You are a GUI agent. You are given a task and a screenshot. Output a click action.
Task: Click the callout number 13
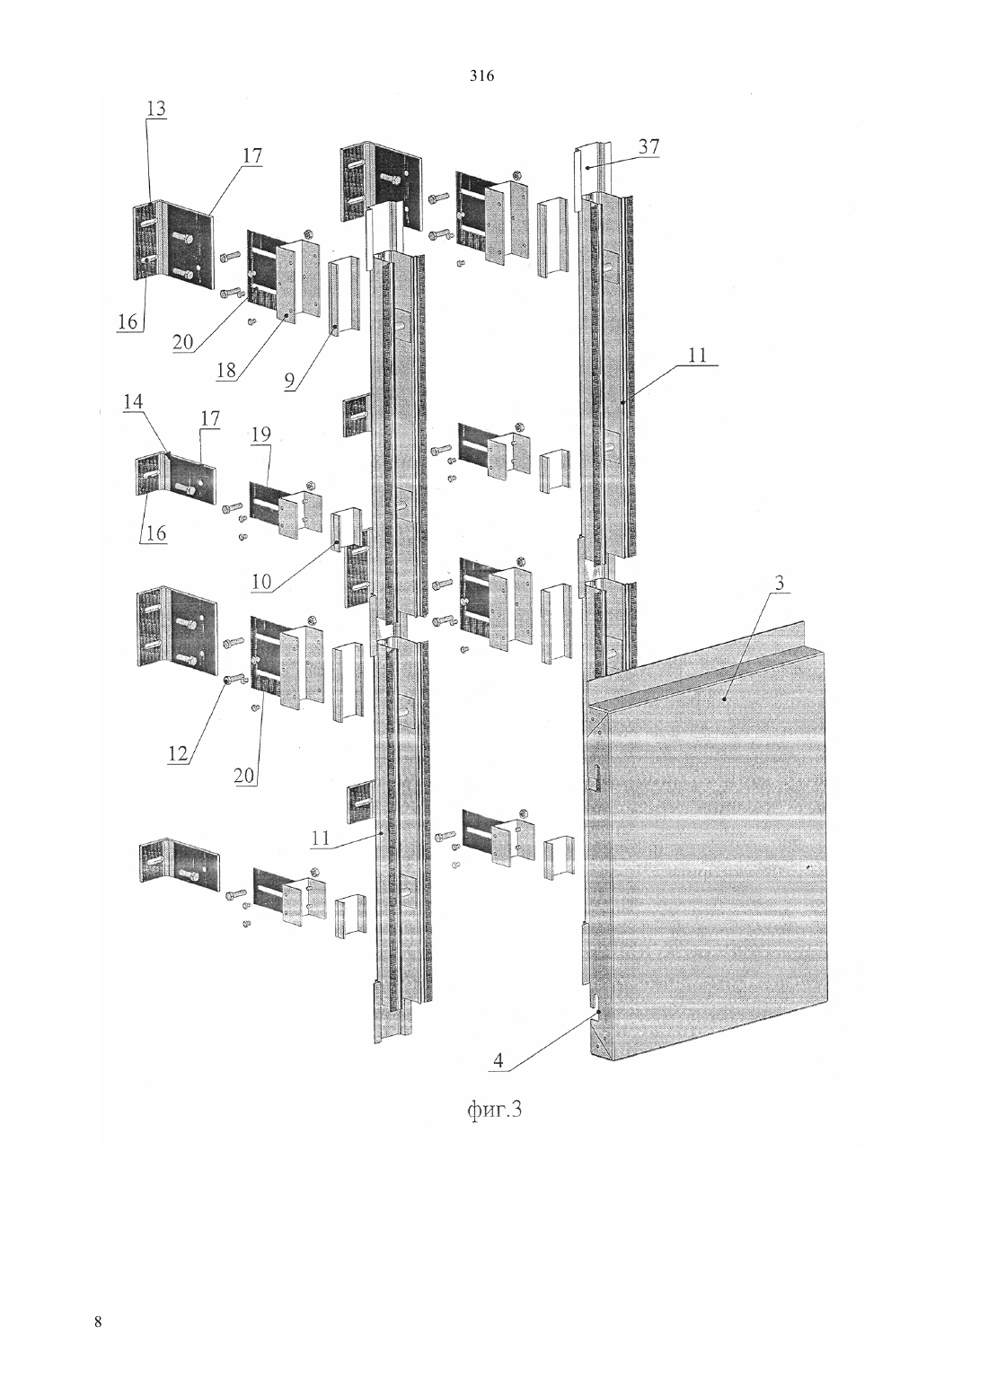coord(156,109)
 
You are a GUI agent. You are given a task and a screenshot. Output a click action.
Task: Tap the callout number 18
coord(226,371)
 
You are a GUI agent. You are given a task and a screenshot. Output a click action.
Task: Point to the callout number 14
coord(133,401)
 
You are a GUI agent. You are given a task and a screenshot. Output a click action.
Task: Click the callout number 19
coord(261,435)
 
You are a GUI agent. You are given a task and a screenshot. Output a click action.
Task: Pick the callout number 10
coord(262,581)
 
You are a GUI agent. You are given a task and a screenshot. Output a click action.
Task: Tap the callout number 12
coord(178,753)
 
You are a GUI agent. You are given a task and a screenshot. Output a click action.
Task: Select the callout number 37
coord(648,147)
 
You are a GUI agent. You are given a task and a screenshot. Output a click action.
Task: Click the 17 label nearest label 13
coord(252,155)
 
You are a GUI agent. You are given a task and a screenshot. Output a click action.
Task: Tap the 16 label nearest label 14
coord(156,533)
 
